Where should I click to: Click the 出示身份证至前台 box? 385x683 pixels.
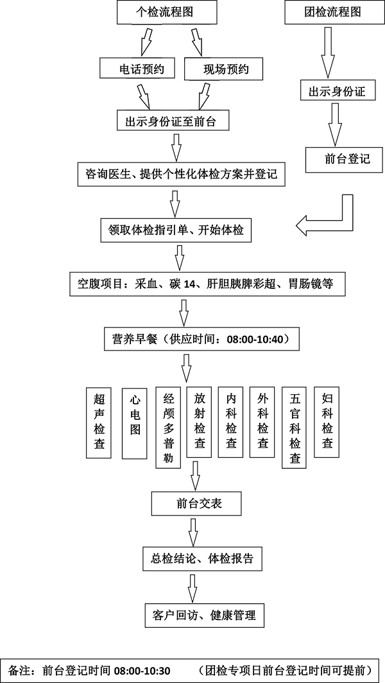pyautogui.click(x=173, y=120)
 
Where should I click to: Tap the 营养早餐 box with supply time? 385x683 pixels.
pyautogui.click(x=200, y=338)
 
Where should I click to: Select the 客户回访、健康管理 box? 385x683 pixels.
pyautogui.click(x=200, y=614)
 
